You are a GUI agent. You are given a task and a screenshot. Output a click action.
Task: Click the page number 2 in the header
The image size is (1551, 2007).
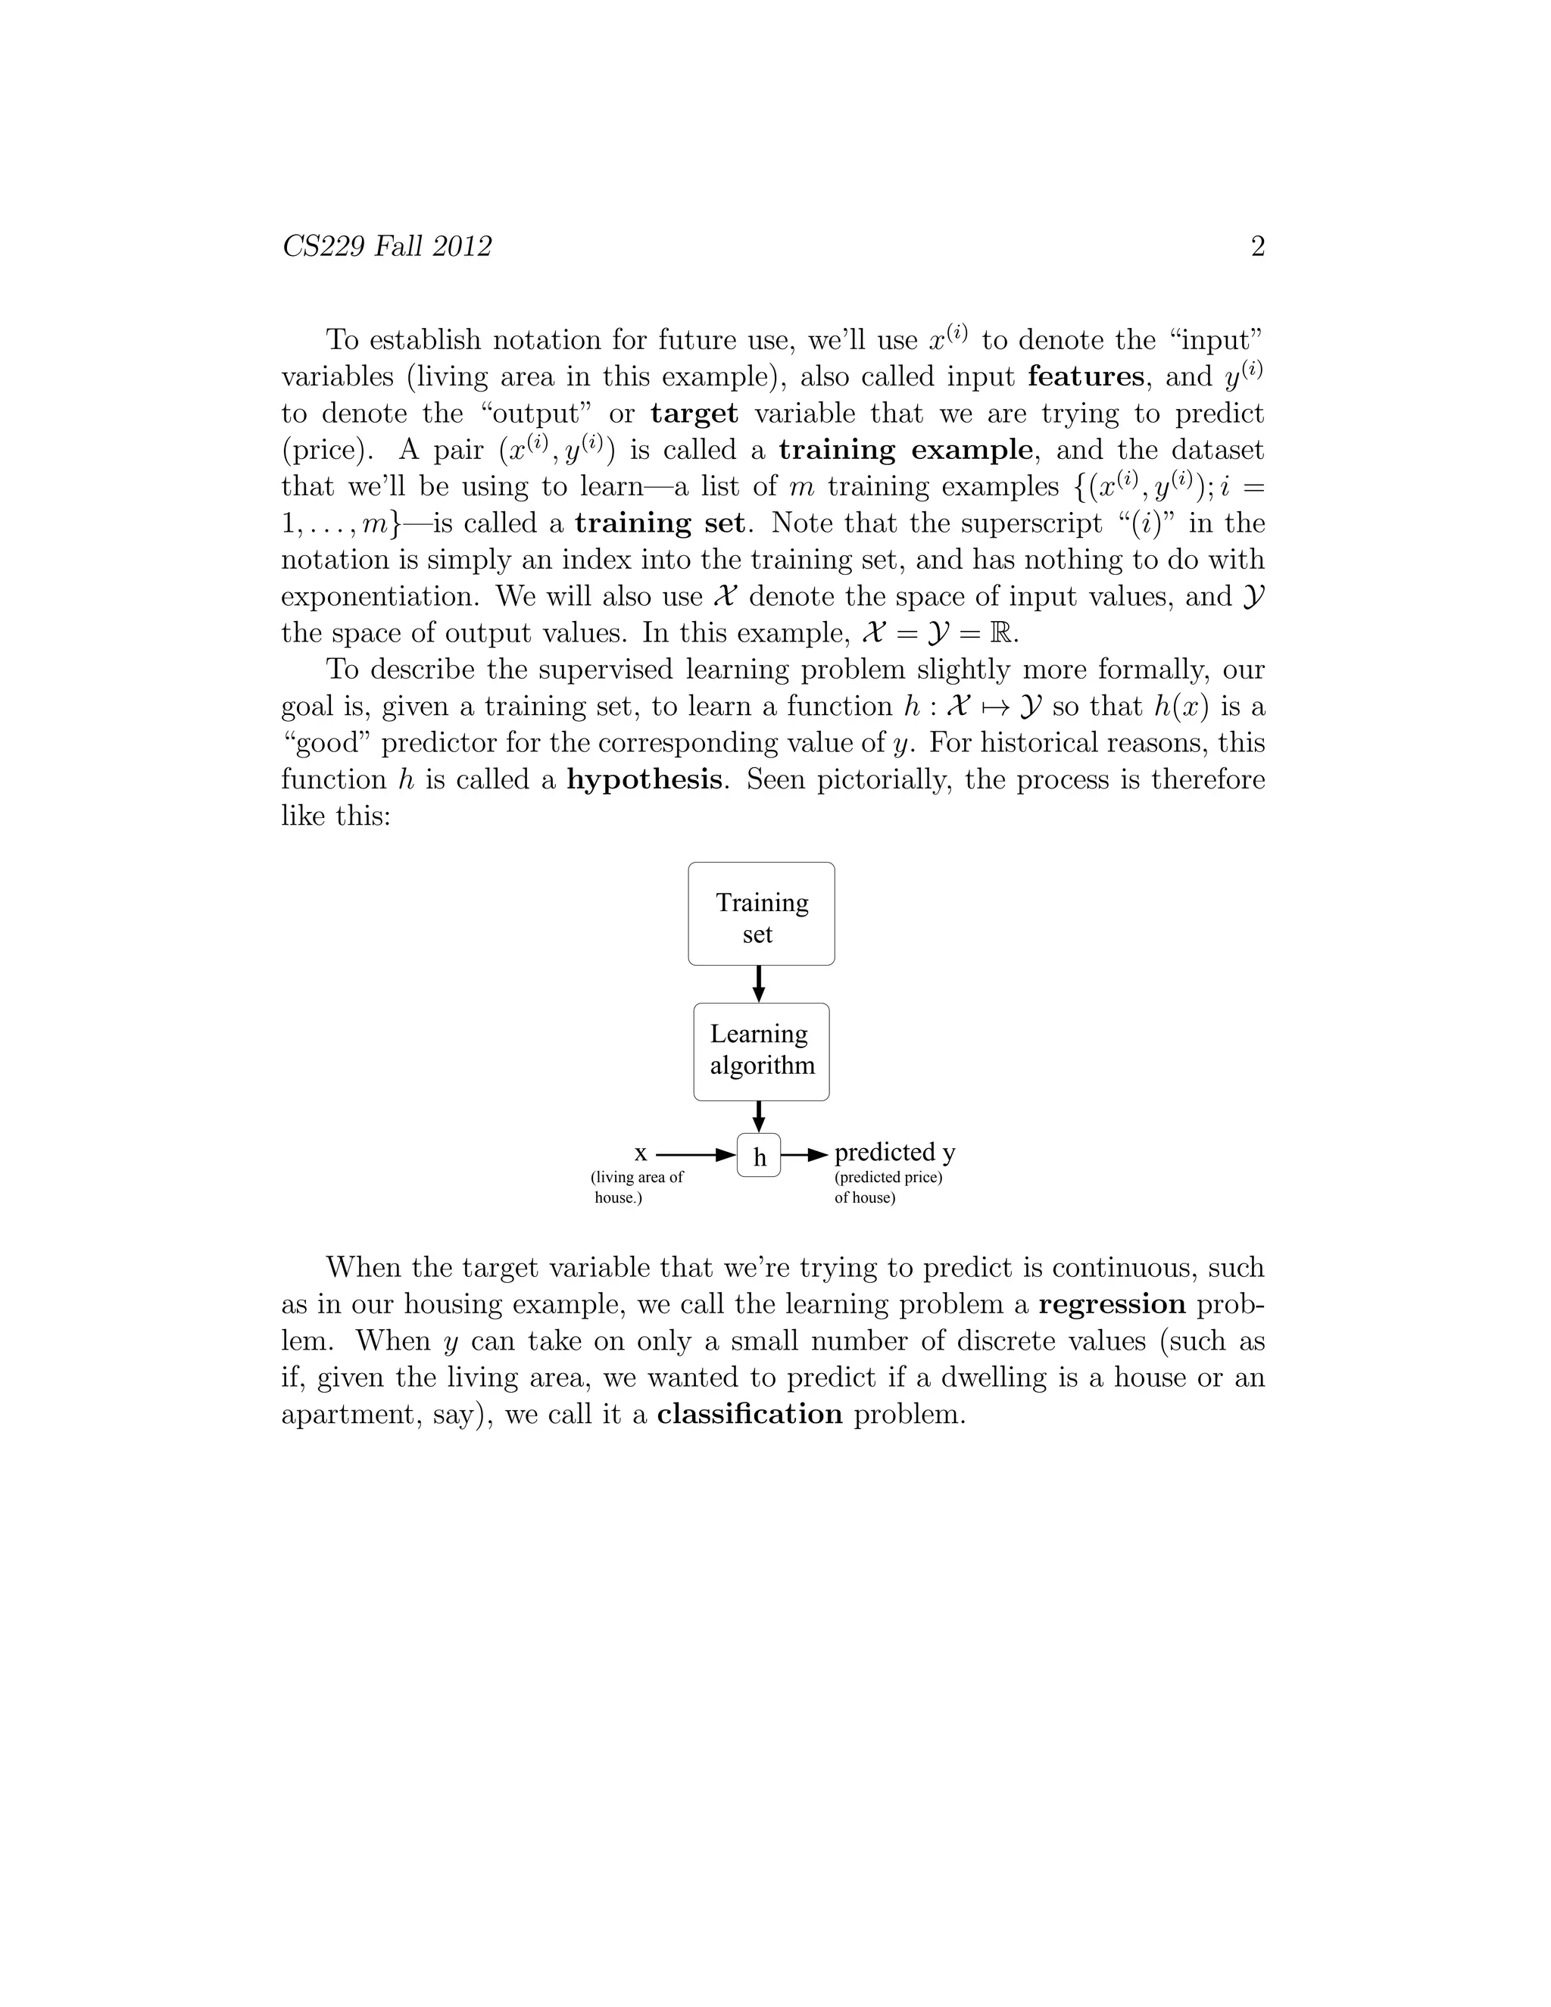pos(1258,246)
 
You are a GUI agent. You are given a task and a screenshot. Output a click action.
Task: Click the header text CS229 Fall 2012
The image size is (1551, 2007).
pos(387,246)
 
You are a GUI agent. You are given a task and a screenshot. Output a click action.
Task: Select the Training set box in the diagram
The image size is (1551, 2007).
pos(761,913)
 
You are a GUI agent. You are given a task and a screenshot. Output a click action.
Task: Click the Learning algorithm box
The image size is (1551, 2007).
pos(761,1051)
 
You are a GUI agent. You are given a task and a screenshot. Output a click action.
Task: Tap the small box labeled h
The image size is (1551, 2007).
pos(759,1156)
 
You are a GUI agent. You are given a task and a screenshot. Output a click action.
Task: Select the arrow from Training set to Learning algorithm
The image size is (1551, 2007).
pos(759,983)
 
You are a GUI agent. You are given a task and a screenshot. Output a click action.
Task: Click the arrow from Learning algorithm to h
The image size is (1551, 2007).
pos(759,1116)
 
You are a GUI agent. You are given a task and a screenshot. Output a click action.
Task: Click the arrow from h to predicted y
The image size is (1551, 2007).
pos(805,1153)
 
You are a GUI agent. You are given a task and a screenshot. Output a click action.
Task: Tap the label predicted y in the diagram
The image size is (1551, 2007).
pos(894,1153)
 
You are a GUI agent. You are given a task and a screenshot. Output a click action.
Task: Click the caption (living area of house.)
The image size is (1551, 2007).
pos(637,1188)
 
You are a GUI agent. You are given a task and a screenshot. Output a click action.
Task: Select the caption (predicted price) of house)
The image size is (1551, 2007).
pos(888,1188)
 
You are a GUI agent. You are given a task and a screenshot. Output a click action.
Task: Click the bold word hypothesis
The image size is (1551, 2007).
pos(644,779)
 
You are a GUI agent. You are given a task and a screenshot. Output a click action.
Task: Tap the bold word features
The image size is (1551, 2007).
pos(1085,376)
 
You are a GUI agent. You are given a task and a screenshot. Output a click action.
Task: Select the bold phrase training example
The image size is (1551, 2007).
pos(906,451)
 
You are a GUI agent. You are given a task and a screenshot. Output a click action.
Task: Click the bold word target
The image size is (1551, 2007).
pos(694,414)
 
